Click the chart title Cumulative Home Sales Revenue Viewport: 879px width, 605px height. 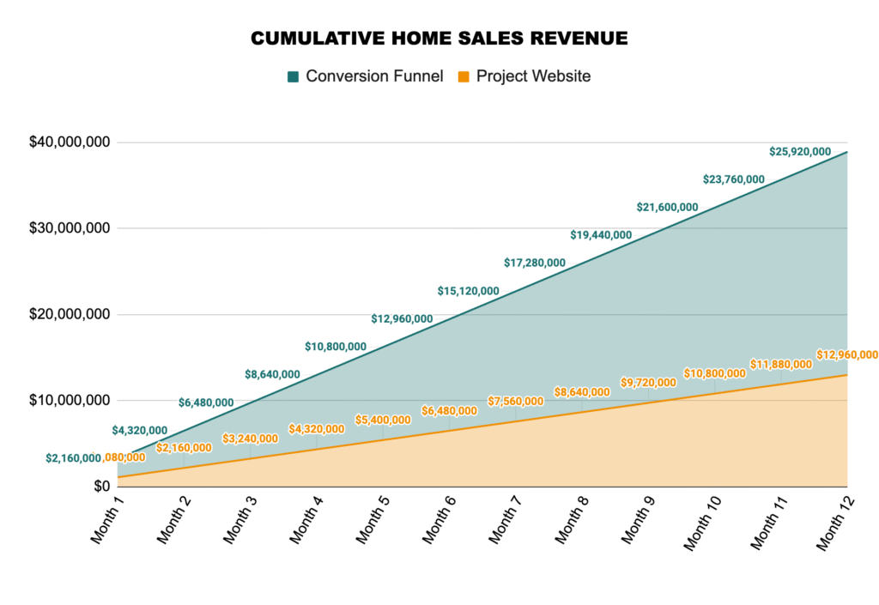(439, 39)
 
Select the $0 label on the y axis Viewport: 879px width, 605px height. (102, 487)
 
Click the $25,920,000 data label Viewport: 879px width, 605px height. (800, 152)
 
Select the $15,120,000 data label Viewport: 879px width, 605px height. (468, 291)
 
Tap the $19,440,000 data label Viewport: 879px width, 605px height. (601, 235)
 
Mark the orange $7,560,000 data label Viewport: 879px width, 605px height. (516, 401)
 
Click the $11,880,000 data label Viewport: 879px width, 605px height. (780, 364)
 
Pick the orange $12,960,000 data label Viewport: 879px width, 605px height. (846, 354)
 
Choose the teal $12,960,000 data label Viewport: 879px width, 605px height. (402, 318)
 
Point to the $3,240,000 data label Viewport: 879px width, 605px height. (251, 439)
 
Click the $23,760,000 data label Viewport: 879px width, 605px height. (734, 179)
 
